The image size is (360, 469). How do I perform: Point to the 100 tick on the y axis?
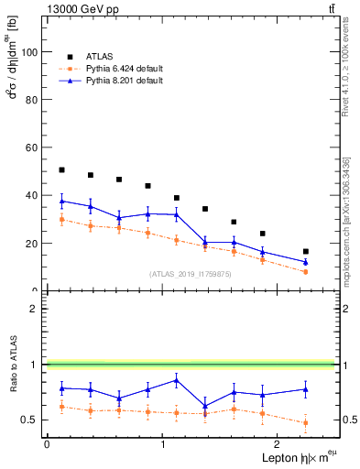31,52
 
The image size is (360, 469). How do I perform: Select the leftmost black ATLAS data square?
61,170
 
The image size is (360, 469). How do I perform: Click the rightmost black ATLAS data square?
305,251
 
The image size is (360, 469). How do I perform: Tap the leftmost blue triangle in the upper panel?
61,201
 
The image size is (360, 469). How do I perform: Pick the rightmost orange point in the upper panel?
305,272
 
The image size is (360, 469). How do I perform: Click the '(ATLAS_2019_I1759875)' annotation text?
191,273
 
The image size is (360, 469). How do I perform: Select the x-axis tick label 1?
163,444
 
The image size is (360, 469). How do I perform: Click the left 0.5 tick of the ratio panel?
32,420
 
